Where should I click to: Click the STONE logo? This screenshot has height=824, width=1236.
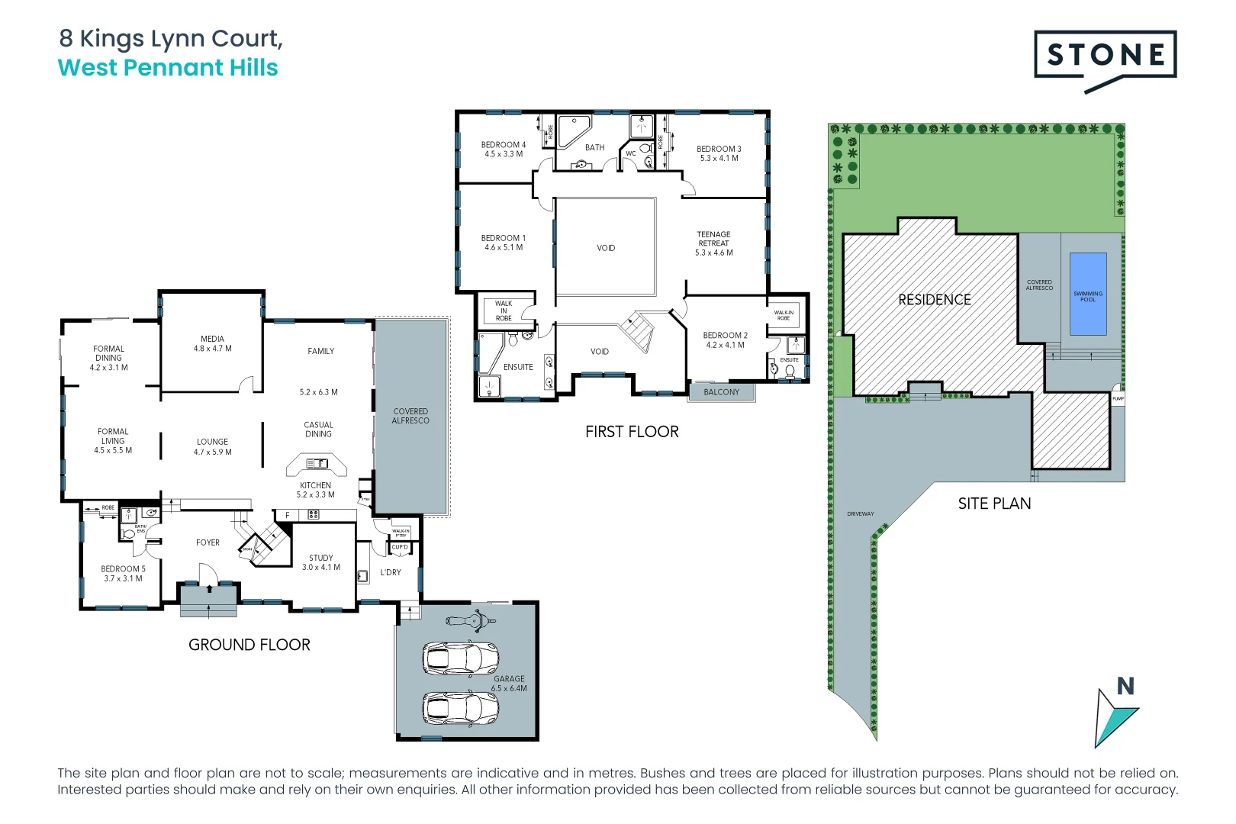pyautogui.click(x=1105, y=55)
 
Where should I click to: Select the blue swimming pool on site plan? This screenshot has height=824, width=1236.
pyautogui.click(x=1088, y=294)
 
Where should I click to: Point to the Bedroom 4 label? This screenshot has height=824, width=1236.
pyautogui.click(x=503, y=145)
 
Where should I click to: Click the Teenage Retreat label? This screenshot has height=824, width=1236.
pyautogui.click(x=713, y=239)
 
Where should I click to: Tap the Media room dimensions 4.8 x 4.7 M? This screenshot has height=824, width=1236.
pyautogui.click(x=212, y=349)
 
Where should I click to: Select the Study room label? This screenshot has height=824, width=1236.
pyautogui.click(x=320, y=558)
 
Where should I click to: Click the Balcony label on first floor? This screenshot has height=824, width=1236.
pyautogui.click(x=721, y=392)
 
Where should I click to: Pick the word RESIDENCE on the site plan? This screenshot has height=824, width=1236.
pyautogui.click(x=934, y=300)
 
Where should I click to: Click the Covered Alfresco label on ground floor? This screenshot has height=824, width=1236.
pyautogui.click(x=410, y=416)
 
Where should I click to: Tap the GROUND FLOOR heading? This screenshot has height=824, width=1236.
pyautogui.click(x=249, y=645)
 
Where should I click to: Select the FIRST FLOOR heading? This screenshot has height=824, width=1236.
pyautogui.click(x=632, y=432)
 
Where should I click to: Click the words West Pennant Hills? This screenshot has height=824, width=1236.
pyautogui.click(x=168, y=68)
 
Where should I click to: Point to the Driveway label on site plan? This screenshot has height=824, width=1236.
pyautogui.click(x=860, y=513)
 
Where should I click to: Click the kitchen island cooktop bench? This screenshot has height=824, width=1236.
pyautogui.click(x=316, y=464)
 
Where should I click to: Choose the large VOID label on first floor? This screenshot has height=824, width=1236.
pyautogui.click(x=606, y=248)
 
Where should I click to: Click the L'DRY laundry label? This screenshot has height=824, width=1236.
pyautogui.click(x=390, y=572)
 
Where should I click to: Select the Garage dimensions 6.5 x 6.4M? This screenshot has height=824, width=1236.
pyautogui.click(x=509, y=688)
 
